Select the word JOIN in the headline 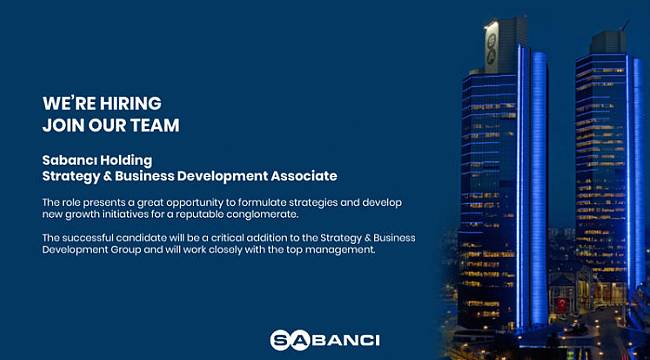point(61,125)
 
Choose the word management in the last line point(339,249)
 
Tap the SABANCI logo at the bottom point(324,340)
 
